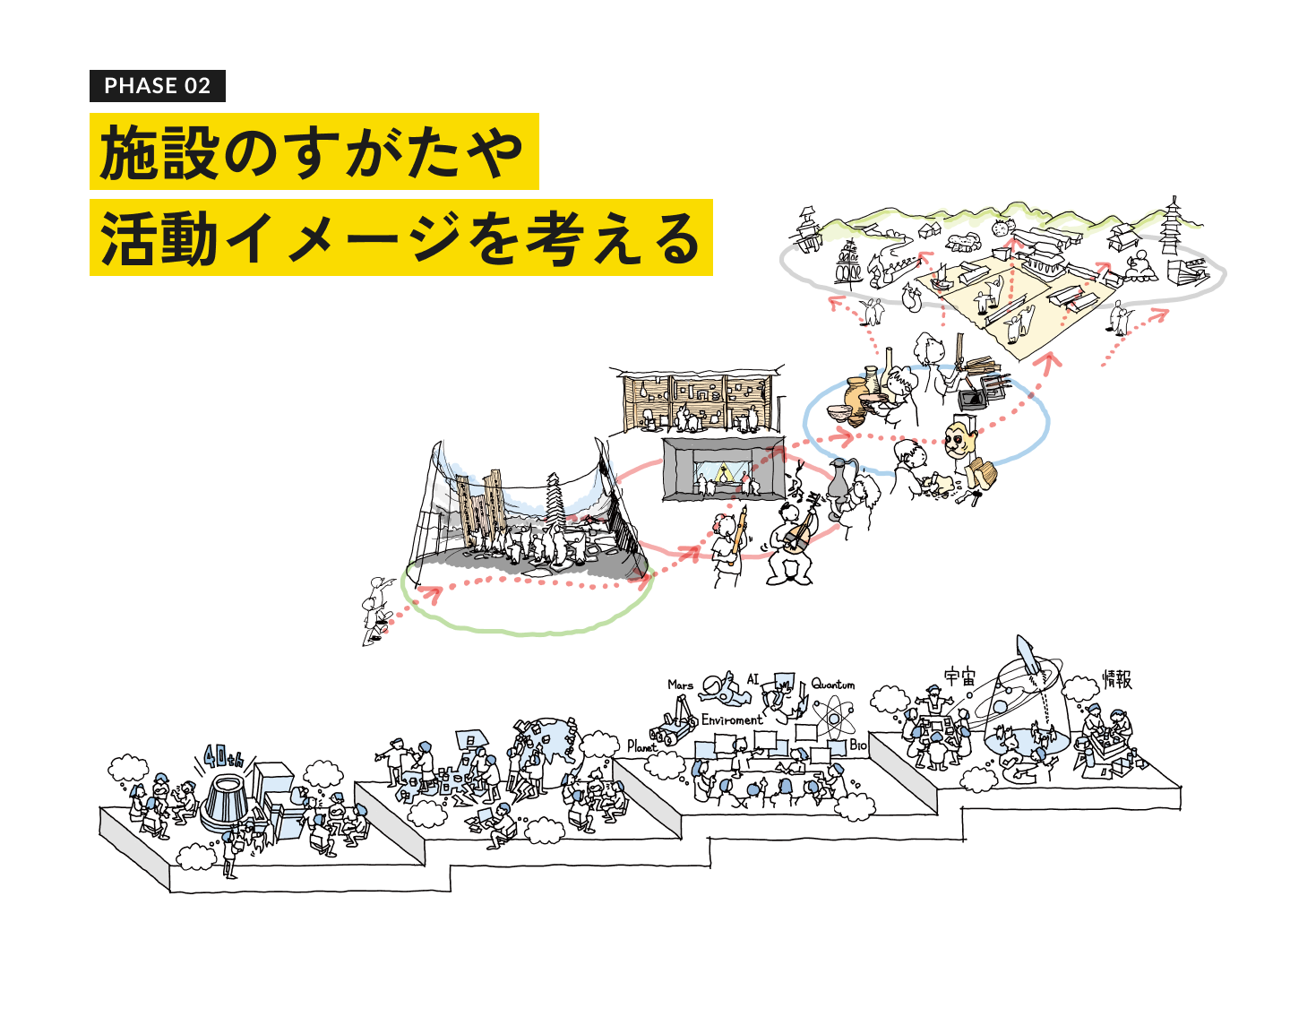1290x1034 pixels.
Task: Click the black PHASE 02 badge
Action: coord(158,86)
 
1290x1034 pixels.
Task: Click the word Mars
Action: coord(681,685)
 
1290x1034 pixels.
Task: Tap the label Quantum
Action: coord(833,685)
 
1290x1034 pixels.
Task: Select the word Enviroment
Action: coord(732,719)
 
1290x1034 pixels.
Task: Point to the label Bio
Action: coord(858,745)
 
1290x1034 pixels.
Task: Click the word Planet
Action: coord(641,746)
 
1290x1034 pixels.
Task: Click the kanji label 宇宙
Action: coord(960,676)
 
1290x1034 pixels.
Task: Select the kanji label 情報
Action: coord(1117,680)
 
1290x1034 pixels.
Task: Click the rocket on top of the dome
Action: coord(1027,656)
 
